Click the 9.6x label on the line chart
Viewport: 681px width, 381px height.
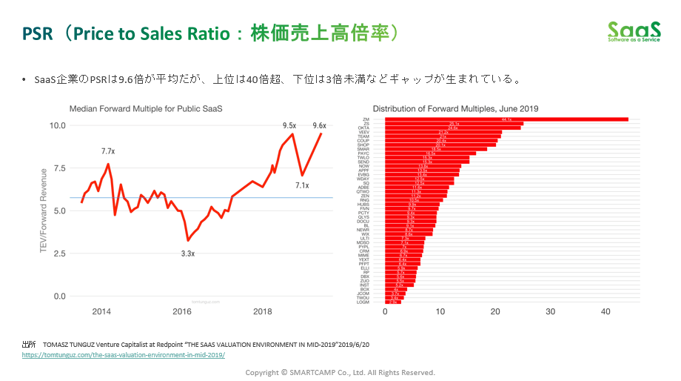(320, 125)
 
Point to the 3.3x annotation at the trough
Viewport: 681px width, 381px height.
(188, 254)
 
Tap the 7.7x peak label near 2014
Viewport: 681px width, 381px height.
(108, 151)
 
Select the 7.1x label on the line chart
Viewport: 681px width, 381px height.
(301, 185)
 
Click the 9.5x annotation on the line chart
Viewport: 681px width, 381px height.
(289, 125)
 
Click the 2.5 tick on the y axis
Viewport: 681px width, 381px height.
(58, 254)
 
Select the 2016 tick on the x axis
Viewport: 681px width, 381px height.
(182, 311)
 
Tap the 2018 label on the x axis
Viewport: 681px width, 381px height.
(262, 311)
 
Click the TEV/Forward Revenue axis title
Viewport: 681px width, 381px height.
(44, 211)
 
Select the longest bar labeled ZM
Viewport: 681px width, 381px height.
(506, 119)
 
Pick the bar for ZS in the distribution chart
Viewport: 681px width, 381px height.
(454, 124)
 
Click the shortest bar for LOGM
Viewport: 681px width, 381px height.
(393, 302)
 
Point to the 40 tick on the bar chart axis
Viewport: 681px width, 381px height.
(605, 311)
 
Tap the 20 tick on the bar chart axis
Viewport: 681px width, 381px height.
(495, 311)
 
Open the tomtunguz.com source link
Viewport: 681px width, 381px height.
(123, 354)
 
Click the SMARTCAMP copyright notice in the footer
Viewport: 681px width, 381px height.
(340, 372)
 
